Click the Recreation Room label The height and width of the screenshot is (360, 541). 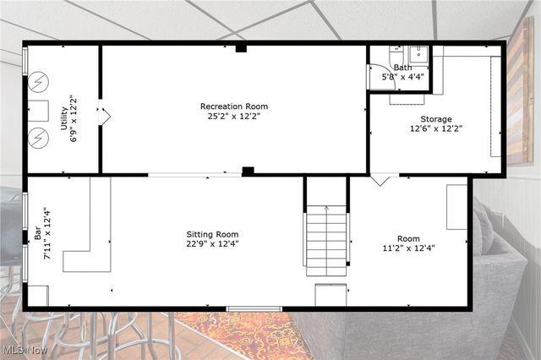point(233,106)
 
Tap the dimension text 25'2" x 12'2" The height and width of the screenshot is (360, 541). point(233,117)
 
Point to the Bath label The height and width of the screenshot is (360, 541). point(402,67)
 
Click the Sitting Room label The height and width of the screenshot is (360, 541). point(212,234)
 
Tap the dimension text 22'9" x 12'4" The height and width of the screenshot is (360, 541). point(212,245)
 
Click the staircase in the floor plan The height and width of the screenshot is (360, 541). point(326,240)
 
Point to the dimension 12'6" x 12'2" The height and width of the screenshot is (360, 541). point(436,129)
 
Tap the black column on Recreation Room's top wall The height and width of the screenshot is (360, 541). point(241,48)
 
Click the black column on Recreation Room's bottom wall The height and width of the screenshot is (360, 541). point(248,172)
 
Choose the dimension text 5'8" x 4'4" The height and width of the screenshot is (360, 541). point(402,77)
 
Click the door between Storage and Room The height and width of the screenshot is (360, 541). point(385,179)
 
